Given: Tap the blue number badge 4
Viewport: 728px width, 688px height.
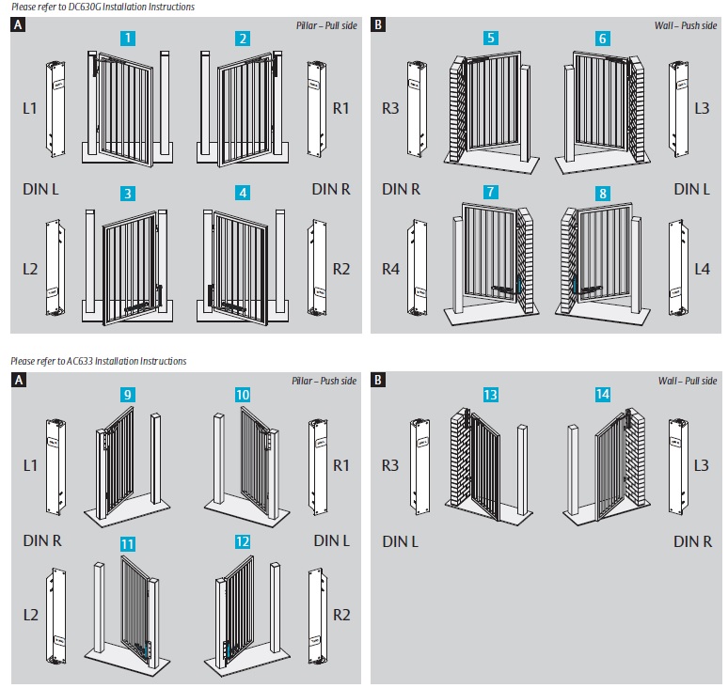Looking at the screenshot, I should coord(244,193).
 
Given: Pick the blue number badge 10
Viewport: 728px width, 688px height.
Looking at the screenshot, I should coord(244,395).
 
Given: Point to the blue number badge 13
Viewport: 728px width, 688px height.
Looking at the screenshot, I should coord(490,395).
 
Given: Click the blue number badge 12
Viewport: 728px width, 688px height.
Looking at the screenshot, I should coord(244,543).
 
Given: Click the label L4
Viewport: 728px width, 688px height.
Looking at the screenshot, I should coord(701,269).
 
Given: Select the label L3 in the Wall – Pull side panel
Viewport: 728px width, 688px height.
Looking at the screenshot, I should coord(701,464).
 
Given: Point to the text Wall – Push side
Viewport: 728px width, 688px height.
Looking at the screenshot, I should coord(689,23).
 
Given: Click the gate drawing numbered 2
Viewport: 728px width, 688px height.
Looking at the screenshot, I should coord(243,106).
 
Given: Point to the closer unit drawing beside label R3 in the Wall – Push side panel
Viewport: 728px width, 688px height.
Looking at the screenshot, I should coord(416,108).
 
